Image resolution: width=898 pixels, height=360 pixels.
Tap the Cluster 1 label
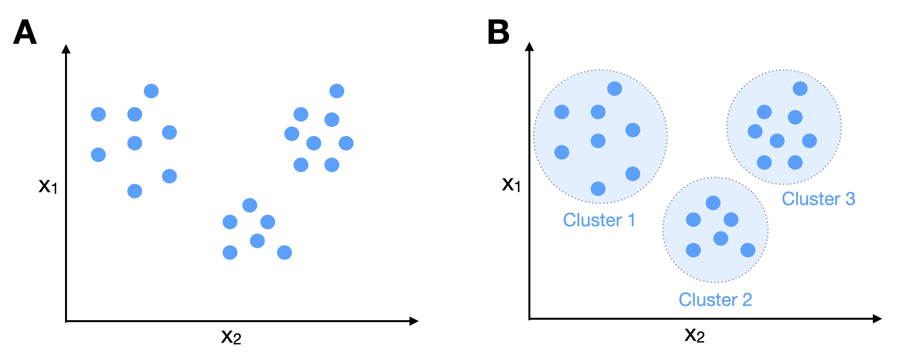click(599, 220)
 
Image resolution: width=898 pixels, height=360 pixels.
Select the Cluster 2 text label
click(715, 300)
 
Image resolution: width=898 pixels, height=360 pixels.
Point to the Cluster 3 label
click(818, 199)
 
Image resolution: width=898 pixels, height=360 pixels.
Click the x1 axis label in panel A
click(48, 186)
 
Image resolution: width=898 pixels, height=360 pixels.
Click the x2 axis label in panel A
click(231, 337)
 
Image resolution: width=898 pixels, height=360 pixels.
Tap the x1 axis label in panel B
click(511, 185)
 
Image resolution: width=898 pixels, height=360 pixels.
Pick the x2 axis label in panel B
click(694, 335)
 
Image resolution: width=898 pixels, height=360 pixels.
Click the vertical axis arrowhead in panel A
click(66, 49)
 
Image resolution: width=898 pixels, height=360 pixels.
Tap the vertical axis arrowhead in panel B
click(529, 47)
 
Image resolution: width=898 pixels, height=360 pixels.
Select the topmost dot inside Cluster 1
click(615, 89)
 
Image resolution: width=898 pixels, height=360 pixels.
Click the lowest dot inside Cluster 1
click(598, 189)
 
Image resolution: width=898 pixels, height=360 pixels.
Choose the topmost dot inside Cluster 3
click(800, 89)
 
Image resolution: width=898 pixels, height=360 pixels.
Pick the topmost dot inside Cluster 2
click(713, 203)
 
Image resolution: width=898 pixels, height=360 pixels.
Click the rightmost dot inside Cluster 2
click(748, 250)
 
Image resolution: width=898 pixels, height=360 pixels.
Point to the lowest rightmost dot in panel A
click(284, 252)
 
